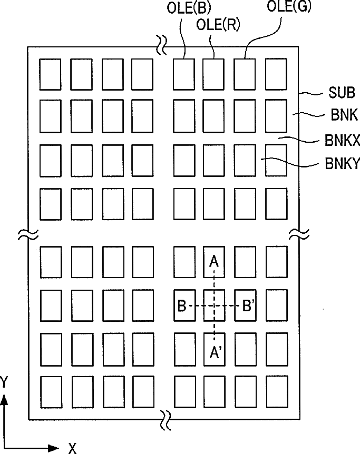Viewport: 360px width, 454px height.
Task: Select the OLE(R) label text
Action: click(x=212, y=24)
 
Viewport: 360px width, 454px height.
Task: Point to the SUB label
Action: click(x=337, y=93)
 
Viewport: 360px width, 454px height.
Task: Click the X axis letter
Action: click(x=72, y=448)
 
